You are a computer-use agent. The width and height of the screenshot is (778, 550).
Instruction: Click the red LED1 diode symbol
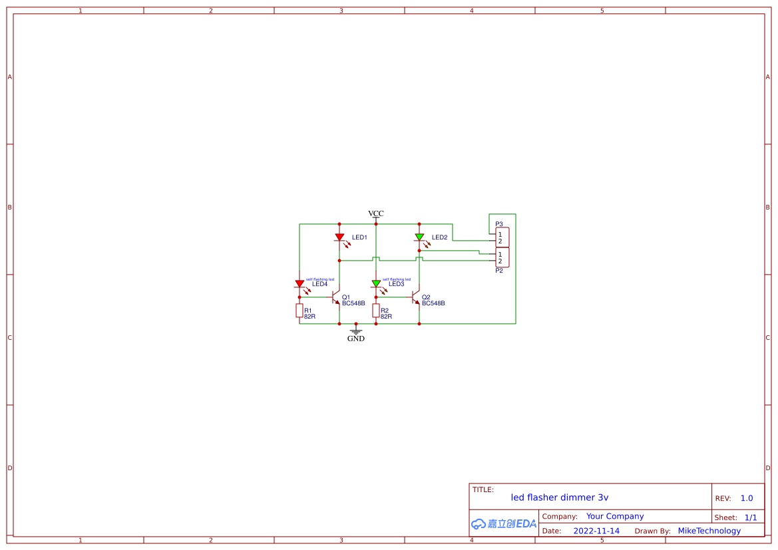click(x=339, y=237)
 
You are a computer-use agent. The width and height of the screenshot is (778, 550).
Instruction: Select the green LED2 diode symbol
click(x=419, y=237)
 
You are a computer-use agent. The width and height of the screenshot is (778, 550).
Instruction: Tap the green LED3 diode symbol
click(x=376, y=283)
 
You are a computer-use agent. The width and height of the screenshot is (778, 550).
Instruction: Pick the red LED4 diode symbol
click(x=299, y=284)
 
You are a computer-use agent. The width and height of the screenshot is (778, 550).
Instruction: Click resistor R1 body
click(x=299, y=311)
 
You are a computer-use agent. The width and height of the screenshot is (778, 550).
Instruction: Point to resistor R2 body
click(x=376, y=311)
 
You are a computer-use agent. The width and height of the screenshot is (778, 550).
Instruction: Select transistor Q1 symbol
click(x=337, y=297)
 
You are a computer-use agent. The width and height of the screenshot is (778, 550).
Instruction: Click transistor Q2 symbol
click(x=417, y=297)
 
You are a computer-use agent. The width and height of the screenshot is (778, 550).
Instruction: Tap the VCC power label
click(x=376, y=213)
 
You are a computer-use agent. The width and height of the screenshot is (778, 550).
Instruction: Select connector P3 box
click(x=502, y=237)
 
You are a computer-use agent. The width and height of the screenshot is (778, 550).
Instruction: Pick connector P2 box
click(x=502, y=257)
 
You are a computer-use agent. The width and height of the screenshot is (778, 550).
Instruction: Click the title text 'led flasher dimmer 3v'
click(x=559, y=497)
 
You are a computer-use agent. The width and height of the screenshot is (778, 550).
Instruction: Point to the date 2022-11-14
click(x=596, y=531)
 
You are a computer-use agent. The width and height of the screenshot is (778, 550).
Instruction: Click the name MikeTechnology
click(x=709, y=531)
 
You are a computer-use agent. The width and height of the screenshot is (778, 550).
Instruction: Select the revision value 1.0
click(x=747, y=498)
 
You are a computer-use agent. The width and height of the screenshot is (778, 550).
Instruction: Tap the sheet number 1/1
click(x=750, y=517)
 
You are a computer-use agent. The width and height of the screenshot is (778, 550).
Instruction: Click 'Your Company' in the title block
click(x=615, y=516)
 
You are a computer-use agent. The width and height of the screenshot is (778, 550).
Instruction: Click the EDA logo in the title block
click(x=504, y=523)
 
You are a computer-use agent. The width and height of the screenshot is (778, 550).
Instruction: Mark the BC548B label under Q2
click(x=433, y=303)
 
